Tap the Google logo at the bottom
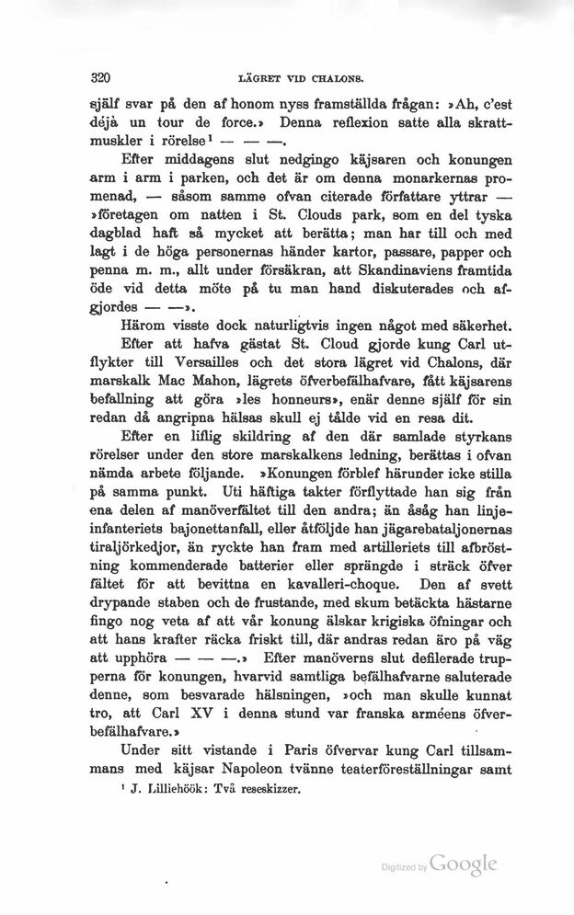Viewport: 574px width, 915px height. pyautogui.click(x=463, y=864)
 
